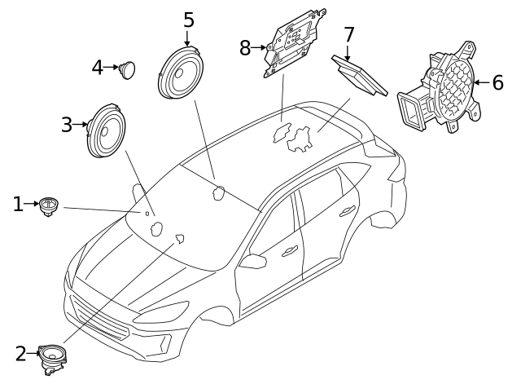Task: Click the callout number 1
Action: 18,204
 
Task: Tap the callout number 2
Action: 21,353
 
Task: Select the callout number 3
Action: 67,125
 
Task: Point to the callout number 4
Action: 98,67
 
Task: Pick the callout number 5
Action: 188,19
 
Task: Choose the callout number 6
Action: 497,82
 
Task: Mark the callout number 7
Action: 348,35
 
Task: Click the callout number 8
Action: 246,48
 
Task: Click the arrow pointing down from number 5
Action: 188,37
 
